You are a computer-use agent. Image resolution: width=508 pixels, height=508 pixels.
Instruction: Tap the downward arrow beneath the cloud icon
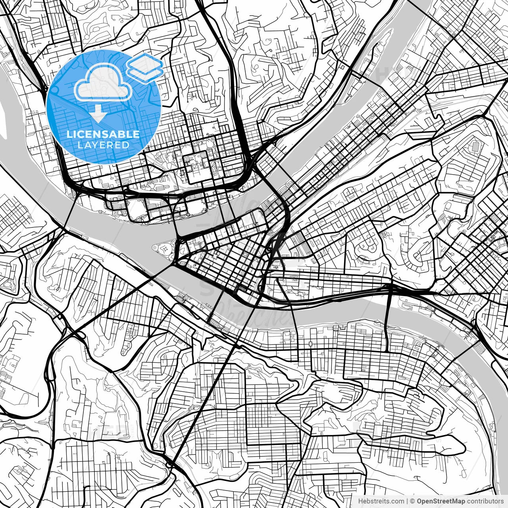click(x=98, y=115)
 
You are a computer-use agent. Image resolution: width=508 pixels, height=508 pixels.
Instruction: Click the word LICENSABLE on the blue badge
click(x=103, y=135)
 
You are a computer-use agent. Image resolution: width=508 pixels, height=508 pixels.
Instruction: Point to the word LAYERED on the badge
click(x=103, y=145)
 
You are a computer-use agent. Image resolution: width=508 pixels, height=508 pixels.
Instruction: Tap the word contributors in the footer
click(x=485, y=501)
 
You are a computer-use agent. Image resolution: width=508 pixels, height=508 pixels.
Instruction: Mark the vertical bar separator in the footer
click(x=408, y=501)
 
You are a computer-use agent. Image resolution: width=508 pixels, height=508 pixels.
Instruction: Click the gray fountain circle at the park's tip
click(x=155, y=248)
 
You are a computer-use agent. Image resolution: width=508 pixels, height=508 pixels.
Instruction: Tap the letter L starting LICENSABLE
click(x=69, y=135)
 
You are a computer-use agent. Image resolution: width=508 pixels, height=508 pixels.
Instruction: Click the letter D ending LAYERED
click(x=127, y=145)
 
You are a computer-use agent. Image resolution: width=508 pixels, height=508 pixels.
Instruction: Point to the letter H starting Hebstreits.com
click(x=360, y=501)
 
